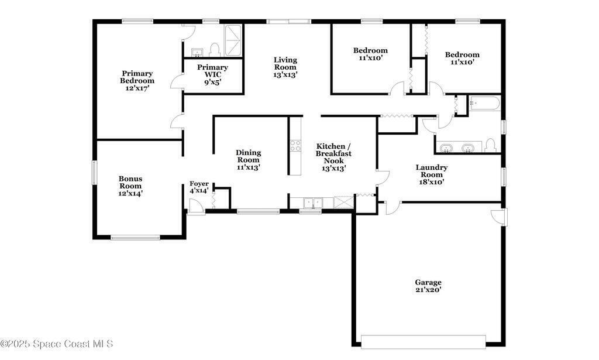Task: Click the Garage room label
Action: [428, 282]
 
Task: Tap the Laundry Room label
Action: [432, 171]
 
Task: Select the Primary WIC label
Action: [212, 71]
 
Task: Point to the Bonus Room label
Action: [130, 182]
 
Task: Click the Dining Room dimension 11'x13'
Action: [248, 167]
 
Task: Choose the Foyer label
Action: [199, 183]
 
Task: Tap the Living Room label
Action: [285, 63]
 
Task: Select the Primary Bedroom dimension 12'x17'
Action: [137, 88]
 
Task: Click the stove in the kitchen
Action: [295, 146]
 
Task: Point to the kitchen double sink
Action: [314, 203]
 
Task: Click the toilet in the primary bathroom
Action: [215, 50]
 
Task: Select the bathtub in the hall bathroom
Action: [484, 103]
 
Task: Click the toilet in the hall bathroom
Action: [490, 146]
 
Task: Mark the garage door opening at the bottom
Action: [424, 342]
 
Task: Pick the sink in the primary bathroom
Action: [197, 52]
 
